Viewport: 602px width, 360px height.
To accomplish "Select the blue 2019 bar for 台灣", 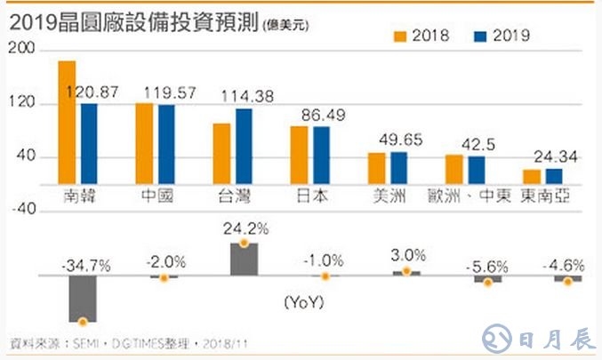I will (x=243, y=147).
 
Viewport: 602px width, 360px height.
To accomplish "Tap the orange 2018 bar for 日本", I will (x=299, y=156).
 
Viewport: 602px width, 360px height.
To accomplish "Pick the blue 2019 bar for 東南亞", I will (x=554, y=176).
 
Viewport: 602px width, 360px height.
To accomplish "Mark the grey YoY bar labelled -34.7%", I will (x=82, y=299).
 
